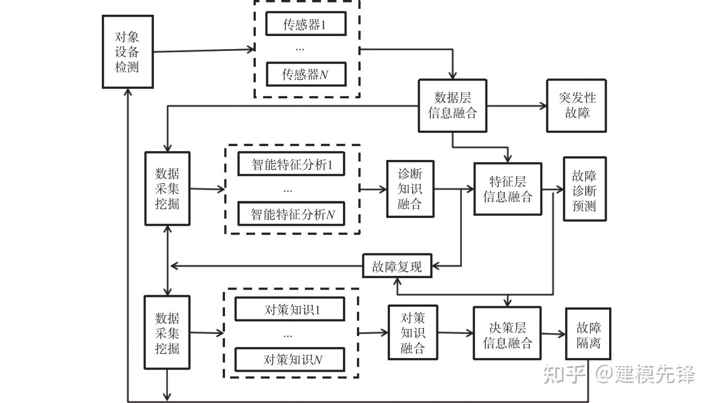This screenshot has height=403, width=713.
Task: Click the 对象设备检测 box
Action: (128, 52)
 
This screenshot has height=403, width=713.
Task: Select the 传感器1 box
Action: (306, 24)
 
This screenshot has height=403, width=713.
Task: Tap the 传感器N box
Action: (306, 74)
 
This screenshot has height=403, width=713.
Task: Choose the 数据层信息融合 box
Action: (453, 106)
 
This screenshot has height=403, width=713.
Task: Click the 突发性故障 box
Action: (576, 106)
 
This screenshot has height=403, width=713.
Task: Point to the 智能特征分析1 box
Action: (291, 164)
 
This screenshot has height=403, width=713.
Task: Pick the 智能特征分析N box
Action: (291, 214)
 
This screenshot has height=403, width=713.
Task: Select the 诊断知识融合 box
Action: (410, 189)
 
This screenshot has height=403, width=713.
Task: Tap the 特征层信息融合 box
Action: (508, 189)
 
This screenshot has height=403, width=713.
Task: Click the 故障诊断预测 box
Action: (585, 189)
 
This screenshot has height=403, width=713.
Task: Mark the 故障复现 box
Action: (397, 266)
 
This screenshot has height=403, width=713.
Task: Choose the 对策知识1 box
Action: (290, 309)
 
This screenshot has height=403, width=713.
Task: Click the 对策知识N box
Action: (290, 359)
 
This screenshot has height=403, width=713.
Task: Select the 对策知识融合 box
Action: (413, 332)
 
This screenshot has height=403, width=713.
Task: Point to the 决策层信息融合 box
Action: (507, 333)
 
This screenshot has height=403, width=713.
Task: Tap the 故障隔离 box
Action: (588, 334)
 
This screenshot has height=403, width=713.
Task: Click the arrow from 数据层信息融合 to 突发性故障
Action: (517, 106)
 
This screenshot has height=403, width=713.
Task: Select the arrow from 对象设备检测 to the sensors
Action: (204, 50)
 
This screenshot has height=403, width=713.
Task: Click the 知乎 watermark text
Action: (564, 374)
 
